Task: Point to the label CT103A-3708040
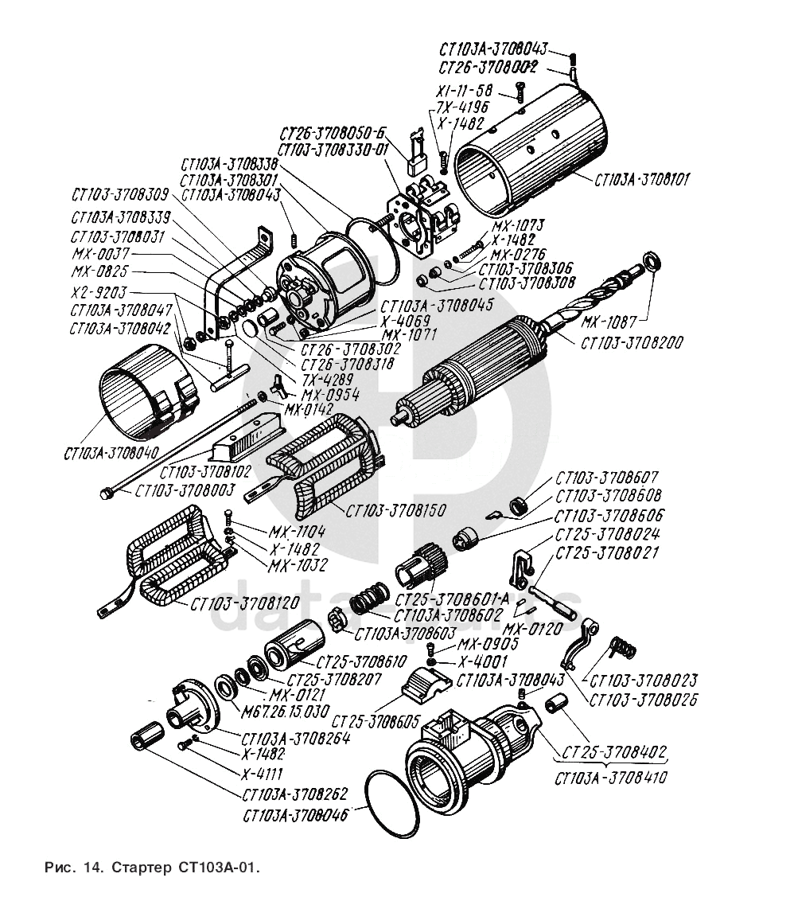click(x=111, y=453)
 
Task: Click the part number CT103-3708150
click(x=395, y=509)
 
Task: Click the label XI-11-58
click(x=465, y=90)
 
